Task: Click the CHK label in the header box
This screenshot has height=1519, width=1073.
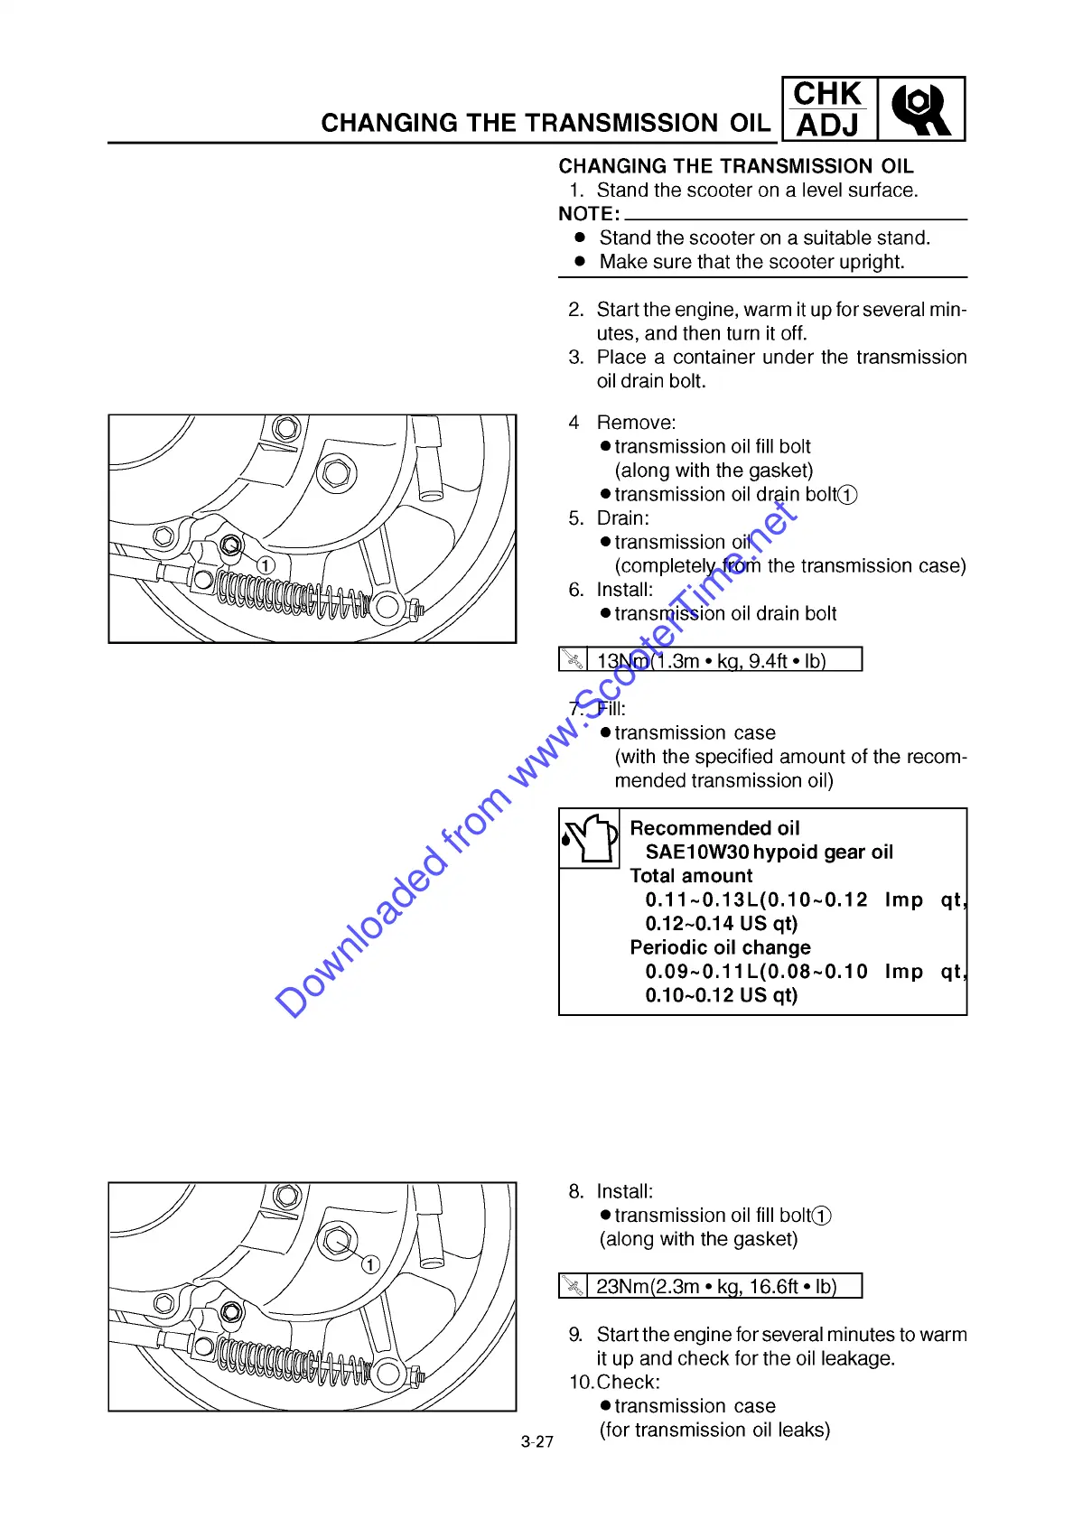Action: pyautogui.click(x=827, y=94)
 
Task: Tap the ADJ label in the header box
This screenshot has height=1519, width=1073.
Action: pyautogui.click(x=827, y=125)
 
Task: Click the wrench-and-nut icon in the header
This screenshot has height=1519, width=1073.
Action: pyautogui.click(x=920, y=109)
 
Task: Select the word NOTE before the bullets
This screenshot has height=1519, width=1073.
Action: pyautogui.click(x=588, y=214)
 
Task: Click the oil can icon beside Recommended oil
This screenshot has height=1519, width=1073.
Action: pyautogui.click(x=589, y=838)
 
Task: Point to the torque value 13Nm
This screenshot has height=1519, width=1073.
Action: pyautogui.click(x=622, y=661)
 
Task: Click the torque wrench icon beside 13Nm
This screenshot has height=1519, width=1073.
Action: pyautogui.click(x=573, y=660)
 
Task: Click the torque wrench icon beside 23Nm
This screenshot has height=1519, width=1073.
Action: pyautogui.click(x=573, y=1286)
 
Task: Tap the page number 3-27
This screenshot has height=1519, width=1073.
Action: pyautogui.click(x=536, y=1442)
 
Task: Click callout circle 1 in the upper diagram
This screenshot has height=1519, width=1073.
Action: pyautogui.click(x=266, y=564)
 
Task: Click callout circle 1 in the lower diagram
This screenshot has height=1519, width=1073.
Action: pyautogui.click(x=370, y=1264)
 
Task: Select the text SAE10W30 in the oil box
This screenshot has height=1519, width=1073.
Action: pyautogui.click(x=696, y=853)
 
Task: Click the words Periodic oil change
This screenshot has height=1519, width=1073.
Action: pyautogui.click(x=720, y=948)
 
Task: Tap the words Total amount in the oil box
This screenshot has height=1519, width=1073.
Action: pyautogui.click(x=691, y=876)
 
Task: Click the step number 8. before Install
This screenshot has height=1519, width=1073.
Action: pyautogui.click(x=576, y=1192)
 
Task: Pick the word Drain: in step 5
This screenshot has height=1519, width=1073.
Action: pyautogui.click(x=622, y=518)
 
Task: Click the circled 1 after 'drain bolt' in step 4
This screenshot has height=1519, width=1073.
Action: pyautogui.click(x=847, y=495)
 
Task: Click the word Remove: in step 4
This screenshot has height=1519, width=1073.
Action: pyautogui.click(x=636, y=423)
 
